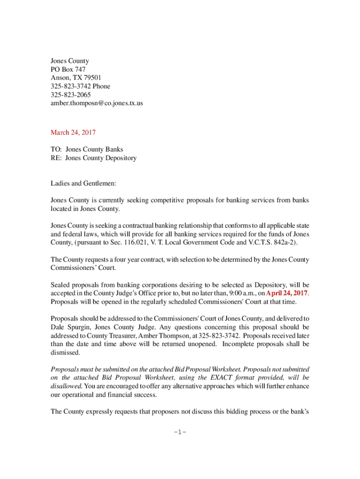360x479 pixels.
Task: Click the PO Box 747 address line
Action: coord(68,70)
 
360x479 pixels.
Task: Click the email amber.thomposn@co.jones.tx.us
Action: coord(97,103)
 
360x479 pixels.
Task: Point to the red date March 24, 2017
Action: coord(73,132)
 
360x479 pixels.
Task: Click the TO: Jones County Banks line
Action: coord(87,150)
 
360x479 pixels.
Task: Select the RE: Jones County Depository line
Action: coord(94,158)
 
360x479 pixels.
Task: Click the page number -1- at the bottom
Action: coord(180,431)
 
